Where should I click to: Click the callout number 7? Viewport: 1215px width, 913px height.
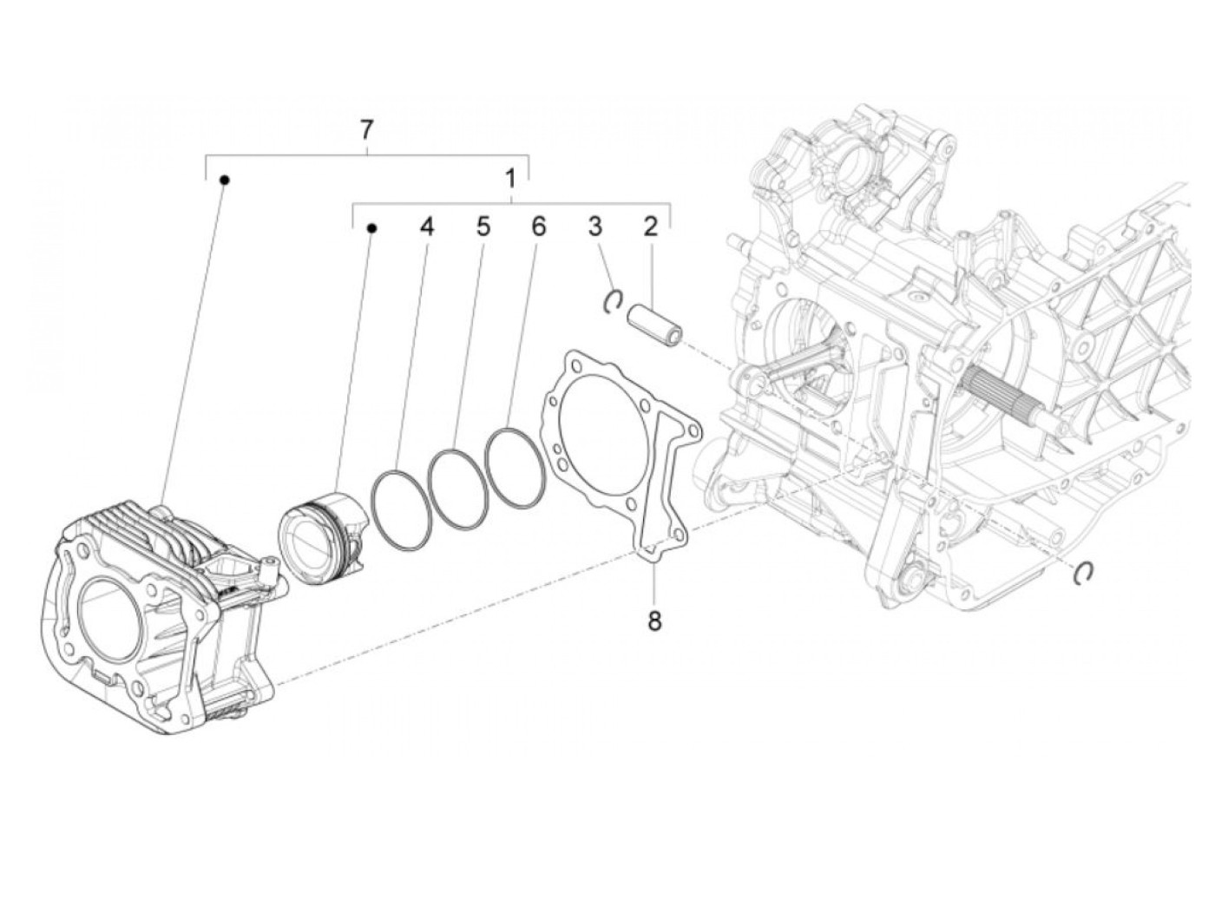(366, 130)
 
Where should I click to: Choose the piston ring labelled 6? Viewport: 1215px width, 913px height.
(515, 465)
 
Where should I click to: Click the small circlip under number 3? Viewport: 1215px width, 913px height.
(612, 299)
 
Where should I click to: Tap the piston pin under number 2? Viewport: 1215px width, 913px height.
(656, 316)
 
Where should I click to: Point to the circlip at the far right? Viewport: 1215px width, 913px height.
(1083, 572)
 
